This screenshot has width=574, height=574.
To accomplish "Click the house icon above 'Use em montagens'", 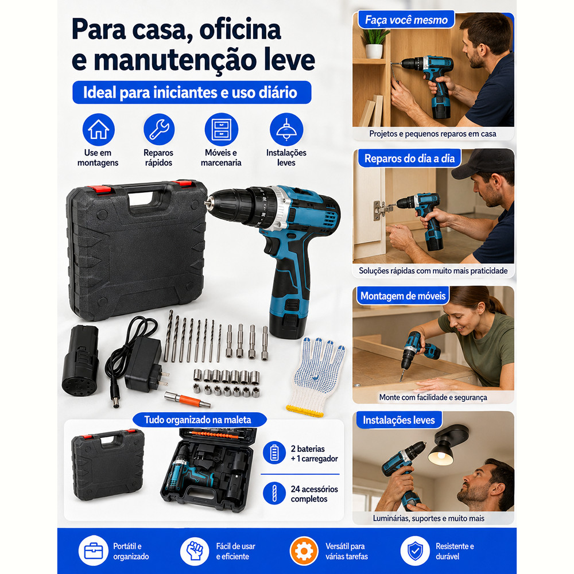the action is (99, 130).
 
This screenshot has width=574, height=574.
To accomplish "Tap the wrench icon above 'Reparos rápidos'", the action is (159, 130).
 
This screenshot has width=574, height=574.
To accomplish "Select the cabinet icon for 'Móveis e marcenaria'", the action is (222, 130).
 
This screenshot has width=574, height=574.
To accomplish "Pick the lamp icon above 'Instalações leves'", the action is (286, 130).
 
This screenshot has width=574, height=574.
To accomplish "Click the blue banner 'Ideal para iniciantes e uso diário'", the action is (192, 92).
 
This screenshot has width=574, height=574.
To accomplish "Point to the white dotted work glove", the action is (316, 377).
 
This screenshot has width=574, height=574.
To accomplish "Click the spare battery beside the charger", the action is (81, 360).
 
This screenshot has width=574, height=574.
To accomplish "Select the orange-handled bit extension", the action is (187, 400).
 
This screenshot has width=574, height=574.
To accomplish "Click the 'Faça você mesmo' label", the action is (406, 20).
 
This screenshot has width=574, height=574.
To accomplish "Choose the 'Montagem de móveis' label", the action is (403, 296).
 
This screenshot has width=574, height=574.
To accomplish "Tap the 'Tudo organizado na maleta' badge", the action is (198, 420).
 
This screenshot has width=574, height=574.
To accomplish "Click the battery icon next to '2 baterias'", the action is (274, 453).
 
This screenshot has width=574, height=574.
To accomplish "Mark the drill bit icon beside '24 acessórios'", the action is (274, 493).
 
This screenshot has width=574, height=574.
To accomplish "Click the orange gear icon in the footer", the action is (304, 551).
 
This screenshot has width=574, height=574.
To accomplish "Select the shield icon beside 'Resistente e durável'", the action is (415, 551).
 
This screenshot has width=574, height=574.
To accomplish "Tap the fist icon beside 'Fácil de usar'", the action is (195, 551).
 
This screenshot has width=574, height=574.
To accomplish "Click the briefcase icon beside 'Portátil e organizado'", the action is (94, 551).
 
